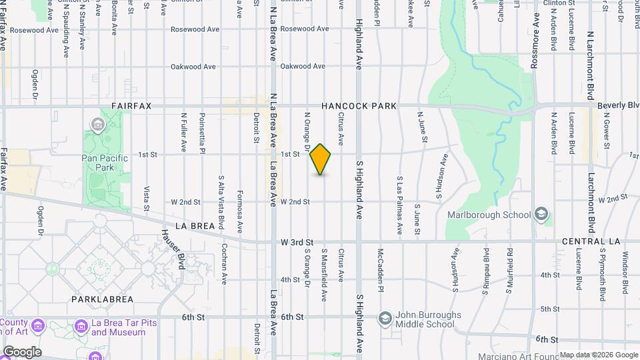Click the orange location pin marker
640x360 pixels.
321,159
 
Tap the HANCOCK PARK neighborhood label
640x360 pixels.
359,106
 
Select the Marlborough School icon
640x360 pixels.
542,214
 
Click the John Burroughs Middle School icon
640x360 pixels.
384,317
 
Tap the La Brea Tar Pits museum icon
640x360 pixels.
81,326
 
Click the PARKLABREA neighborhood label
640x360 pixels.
103,299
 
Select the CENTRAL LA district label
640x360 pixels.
591,241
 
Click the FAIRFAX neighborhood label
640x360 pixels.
132,106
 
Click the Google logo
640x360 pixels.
22,351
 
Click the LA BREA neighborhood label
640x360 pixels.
195,226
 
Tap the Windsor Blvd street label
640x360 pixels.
625,273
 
